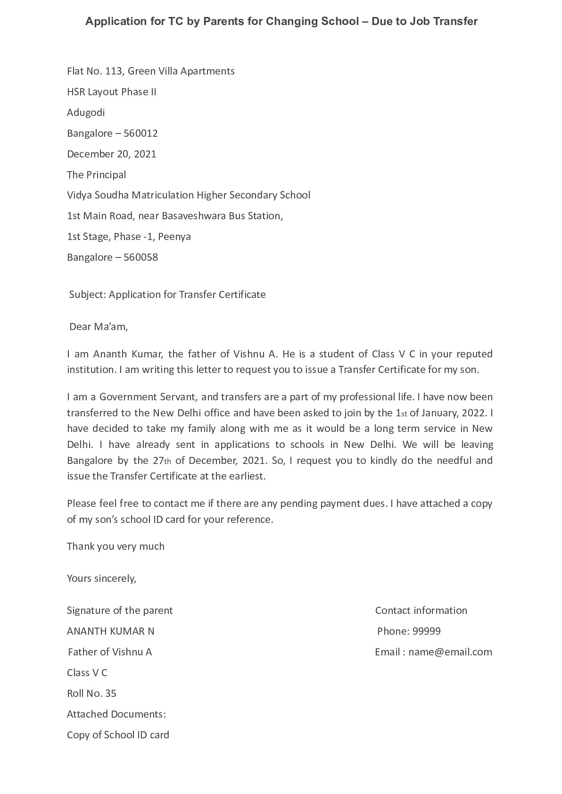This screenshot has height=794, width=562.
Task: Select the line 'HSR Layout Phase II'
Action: pyautogui.click(x=111, y=92)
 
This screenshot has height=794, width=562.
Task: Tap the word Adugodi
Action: pyautogui.click(x=86, y=113)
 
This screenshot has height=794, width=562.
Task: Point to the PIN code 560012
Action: pyautogui.click(x=140, y=133)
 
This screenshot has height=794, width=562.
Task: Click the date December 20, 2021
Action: pyautogui.click(x=111, y=154)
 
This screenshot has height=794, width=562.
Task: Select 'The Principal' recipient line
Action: pyautogui.click(x=96, y=175)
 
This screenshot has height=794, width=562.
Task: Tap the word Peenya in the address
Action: pyautogui.click(x=174, y=237)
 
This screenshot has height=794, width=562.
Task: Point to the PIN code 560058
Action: pyautogui.click(x=140, y=257)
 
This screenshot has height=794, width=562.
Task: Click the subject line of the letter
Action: pyautogui.click(x=167, y=295)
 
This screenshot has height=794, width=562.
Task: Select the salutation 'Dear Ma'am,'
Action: pyautogui.click(x=99, y=327)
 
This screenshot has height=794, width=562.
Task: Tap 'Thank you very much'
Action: pyautogui.click(x=116, y=546)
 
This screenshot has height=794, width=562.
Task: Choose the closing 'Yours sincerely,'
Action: pyautogui.click(x=101, y=579)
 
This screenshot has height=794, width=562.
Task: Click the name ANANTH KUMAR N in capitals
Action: pyautogui.click(x=110, y=631)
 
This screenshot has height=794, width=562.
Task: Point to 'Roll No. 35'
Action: pyautogui.click(x=91, y=694)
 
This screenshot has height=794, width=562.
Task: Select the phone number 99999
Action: pyautogui.click(x=426, y=631)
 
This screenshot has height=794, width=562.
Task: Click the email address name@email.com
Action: pyautogui.click(x=450, y=652)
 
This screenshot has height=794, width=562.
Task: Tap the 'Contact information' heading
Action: pyautogui.click(x=421, y=611)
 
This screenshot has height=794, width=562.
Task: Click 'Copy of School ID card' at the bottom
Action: pyautogui.click(x=118, y=735)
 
